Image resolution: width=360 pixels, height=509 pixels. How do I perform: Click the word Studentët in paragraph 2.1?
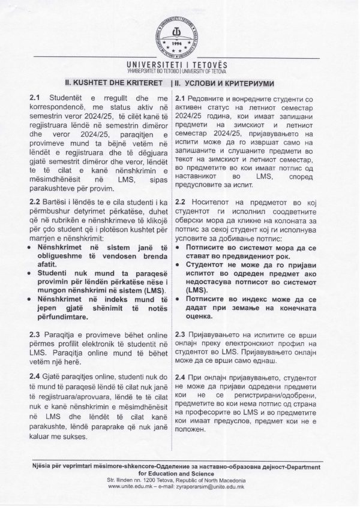[x=67, y=97]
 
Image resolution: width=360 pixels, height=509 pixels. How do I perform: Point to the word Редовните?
[x=209, y=98]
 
